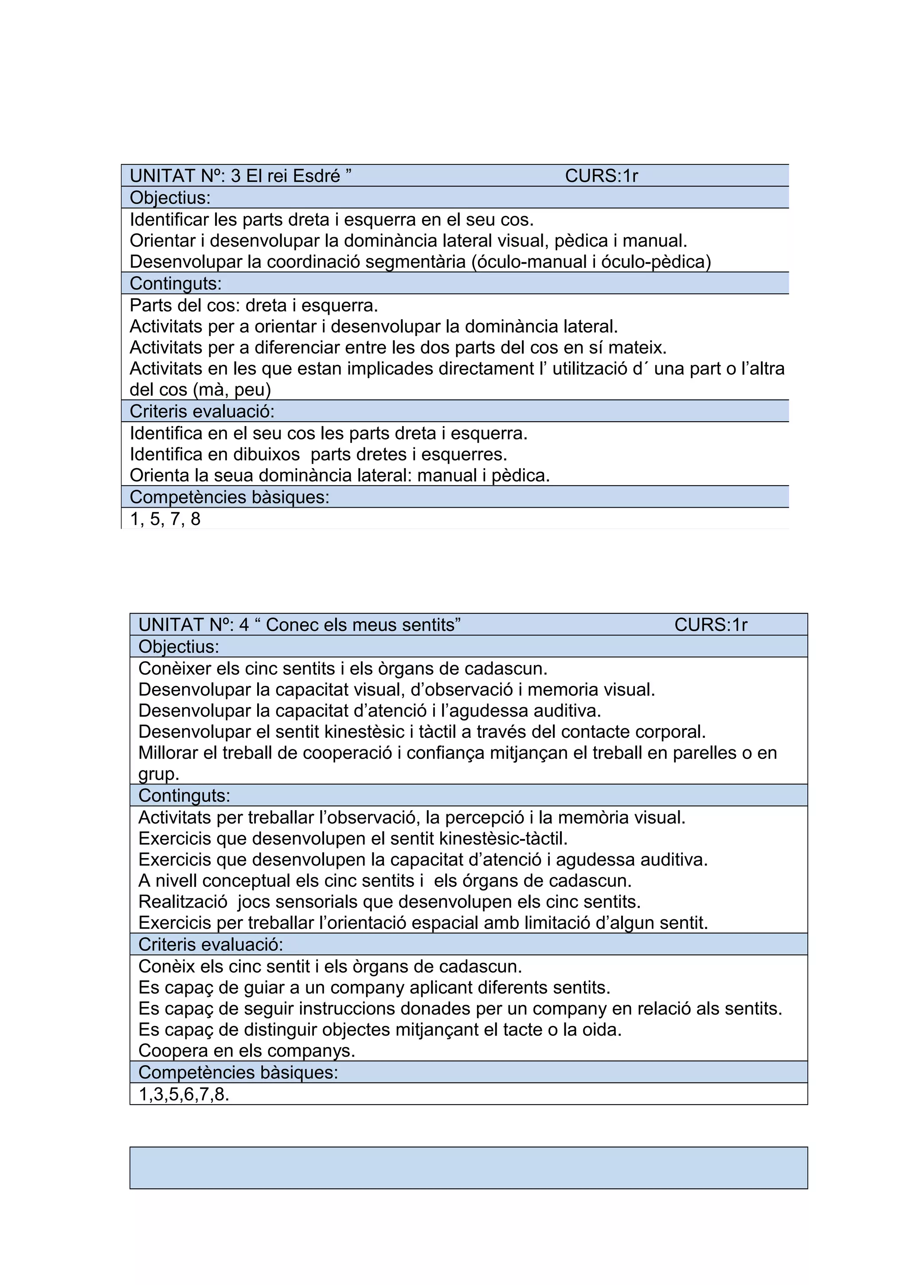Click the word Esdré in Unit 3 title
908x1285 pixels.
[317, 176]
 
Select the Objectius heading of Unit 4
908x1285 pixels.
[179, 646]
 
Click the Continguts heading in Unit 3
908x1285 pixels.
[176, 283]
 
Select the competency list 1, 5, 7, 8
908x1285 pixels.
[165, 519]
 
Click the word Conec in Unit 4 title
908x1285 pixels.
[291, 625]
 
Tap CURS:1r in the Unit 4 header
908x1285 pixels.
[711, 625]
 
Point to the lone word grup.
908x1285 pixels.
[158, 775]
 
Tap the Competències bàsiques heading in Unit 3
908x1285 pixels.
[229, 497]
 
